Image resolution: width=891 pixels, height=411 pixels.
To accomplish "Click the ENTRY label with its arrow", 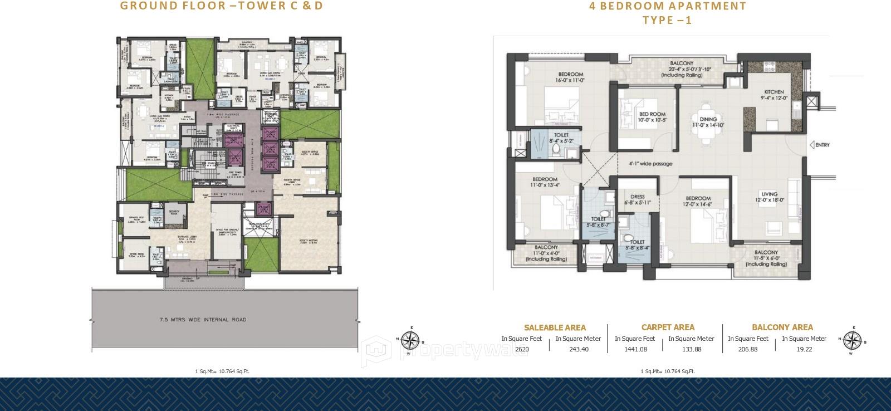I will coord(820,145).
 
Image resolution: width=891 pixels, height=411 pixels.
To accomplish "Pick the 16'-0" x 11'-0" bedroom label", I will coord(570,77).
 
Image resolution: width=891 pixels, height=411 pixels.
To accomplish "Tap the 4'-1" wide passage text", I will coord(650,164).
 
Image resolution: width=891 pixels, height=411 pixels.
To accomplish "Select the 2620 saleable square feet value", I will coord(522,350).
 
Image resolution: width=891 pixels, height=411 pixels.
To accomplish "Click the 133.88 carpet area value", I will coord(691,350).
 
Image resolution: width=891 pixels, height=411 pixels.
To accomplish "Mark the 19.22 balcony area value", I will coord(805,350).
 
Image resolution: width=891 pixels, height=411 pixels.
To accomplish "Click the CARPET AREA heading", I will coord(668,327).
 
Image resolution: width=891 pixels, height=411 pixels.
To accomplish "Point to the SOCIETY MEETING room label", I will coord(308,241).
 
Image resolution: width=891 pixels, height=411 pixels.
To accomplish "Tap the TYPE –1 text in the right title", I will coord(667,21).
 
